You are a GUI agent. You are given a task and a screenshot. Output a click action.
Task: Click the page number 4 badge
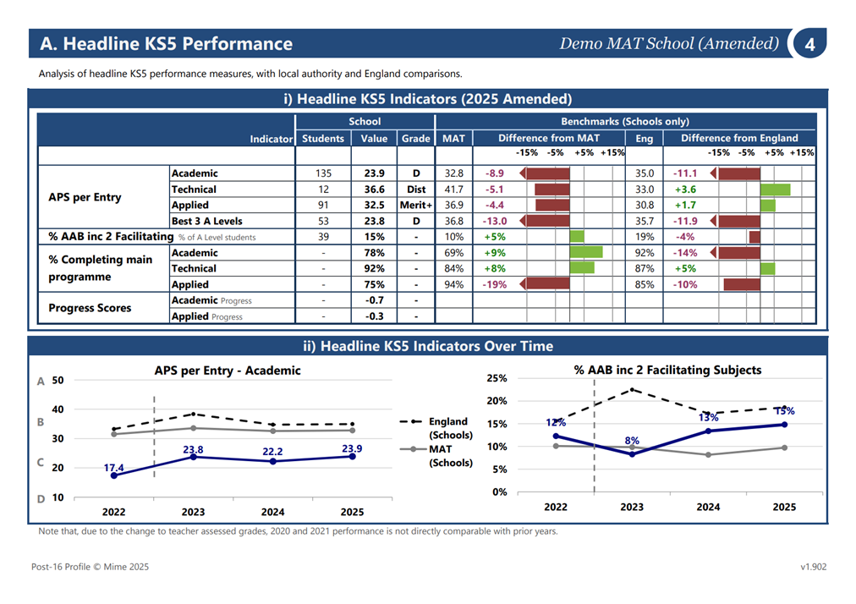pyautogui.click(x=809, y=43)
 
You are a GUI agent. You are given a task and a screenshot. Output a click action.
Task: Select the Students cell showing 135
pyautogui.click(x=323, y=173)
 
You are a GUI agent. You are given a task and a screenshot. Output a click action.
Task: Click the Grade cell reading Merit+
pyautogui.click(x=416, y=205)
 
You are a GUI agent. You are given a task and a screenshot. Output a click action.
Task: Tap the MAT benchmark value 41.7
pyautogui.click(x=453, y=189)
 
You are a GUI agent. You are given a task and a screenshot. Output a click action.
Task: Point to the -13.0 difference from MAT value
pyautogui.click(x=494, y=221)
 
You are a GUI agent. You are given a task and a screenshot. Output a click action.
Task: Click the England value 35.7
pyautogui.click(x=645, y=221)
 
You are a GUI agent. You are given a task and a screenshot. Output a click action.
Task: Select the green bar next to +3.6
pyautogui.click(x=775, y=189)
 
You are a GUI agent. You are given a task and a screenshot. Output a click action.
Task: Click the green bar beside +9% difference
pyautogui.click(x=586, y=252)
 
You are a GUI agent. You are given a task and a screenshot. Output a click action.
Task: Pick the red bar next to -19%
pyautogui.click(x=545, y=284)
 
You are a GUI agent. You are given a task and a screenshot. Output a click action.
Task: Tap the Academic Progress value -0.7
pyautogui.click(x=374, y=299)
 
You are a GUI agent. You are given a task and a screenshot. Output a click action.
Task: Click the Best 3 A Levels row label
pyautogui.click(x=207, y=221)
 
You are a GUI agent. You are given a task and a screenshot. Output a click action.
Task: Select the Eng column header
pyautogui.click(x=645, y=138)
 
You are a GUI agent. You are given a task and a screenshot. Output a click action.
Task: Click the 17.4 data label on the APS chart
pyautogui.click(x=113, y=468)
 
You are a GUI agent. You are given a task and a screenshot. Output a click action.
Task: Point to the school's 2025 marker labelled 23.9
pyautogui.click(x=352, y=456)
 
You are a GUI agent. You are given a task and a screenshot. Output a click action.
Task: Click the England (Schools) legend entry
pyautogui.click(x=436, y=428)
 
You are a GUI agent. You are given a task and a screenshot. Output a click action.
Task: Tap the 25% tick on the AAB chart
pyautogui.click(x=497, y=378)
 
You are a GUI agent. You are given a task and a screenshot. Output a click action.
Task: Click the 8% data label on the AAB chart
pyautogui.click(x=632, y=440)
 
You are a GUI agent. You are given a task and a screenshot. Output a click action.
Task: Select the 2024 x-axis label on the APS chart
pyautogui.click(x=272, y=512)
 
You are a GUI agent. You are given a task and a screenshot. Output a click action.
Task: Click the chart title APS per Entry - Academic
pyautogui.click(x=228, y=371)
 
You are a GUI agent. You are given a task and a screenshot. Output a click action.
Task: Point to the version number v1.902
pyautogui.click(x=814, y=566)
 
